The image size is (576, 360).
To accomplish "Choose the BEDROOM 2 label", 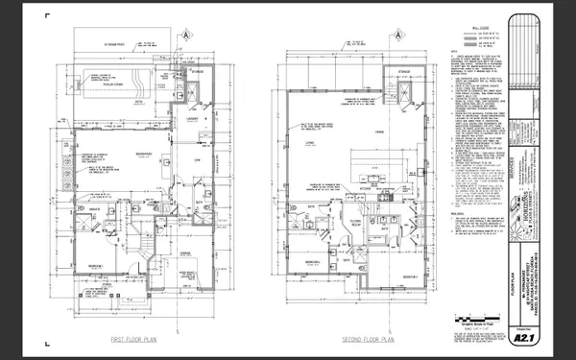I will pyautogui.click(x=312, y=260).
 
